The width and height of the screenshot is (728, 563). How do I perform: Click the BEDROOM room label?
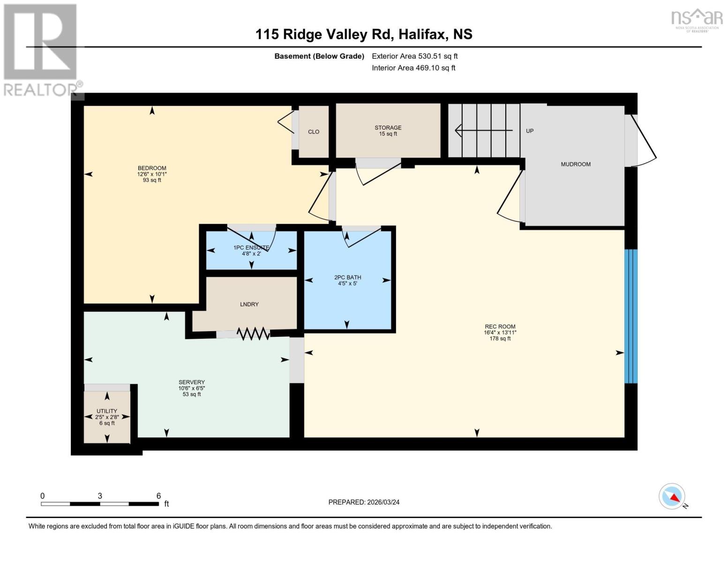[152, 168]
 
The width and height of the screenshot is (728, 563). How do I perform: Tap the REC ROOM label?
[500, 327]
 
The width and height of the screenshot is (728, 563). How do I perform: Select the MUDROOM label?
[576, 164]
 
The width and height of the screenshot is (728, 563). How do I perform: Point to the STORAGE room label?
[388, 128]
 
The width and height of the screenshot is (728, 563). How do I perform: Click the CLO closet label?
[314, 132]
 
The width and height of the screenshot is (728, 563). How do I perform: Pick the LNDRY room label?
[249, 304]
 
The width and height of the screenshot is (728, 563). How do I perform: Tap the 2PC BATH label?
[347, 278]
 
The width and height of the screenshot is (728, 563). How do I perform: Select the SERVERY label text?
[191, 382]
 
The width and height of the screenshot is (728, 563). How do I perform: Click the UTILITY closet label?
[107, 411]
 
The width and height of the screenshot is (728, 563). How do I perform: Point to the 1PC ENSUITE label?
[251, 248]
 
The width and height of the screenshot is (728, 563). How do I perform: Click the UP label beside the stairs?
[530, 131]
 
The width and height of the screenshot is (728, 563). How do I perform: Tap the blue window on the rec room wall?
[631, 316]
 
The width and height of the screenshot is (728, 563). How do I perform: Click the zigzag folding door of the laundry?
[253, 334]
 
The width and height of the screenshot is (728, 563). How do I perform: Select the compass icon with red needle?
[672, 496]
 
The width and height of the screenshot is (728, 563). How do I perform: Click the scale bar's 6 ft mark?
[158, 496]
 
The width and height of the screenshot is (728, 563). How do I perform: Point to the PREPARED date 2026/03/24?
[364, 502]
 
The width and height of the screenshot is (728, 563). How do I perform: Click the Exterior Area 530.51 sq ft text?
[414, 56]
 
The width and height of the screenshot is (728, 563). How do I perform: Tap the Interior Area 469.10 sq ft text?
[413, 68]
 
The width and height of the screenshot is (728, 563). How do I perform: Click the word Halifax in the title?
[425, 34]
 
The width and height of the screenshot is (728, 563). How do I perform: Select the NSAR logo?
[697, 19]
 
